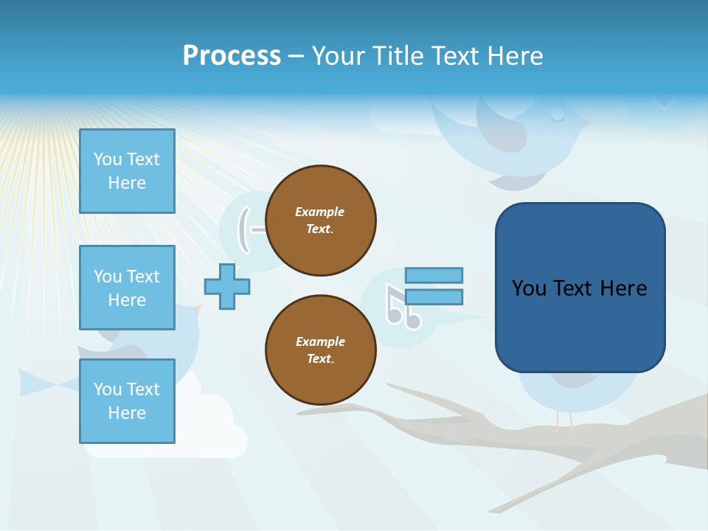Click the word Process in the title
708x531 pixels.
232,56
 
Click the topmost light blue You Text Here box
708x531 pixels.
127,171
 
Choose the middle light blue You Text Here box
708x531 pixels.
127,288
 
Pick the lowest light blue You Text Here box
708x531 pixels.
127,401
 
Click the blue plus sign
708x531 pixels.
227,286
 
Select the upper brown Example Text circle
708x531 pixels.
321,221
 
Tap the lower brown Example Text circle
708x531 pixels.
321,350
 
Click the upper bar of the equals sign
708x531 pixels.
434,276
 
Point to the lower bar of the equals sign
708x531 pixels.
434,296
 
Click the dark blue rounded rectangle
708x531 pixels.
580,288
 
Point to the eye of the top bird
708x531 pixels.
558,114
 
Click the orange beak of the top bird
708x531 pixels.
587,123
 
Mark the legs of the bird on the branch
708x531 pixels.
564,420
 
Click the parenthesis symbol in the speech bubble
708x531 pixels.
243,229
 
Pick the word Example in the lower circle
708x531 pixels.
320,341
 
